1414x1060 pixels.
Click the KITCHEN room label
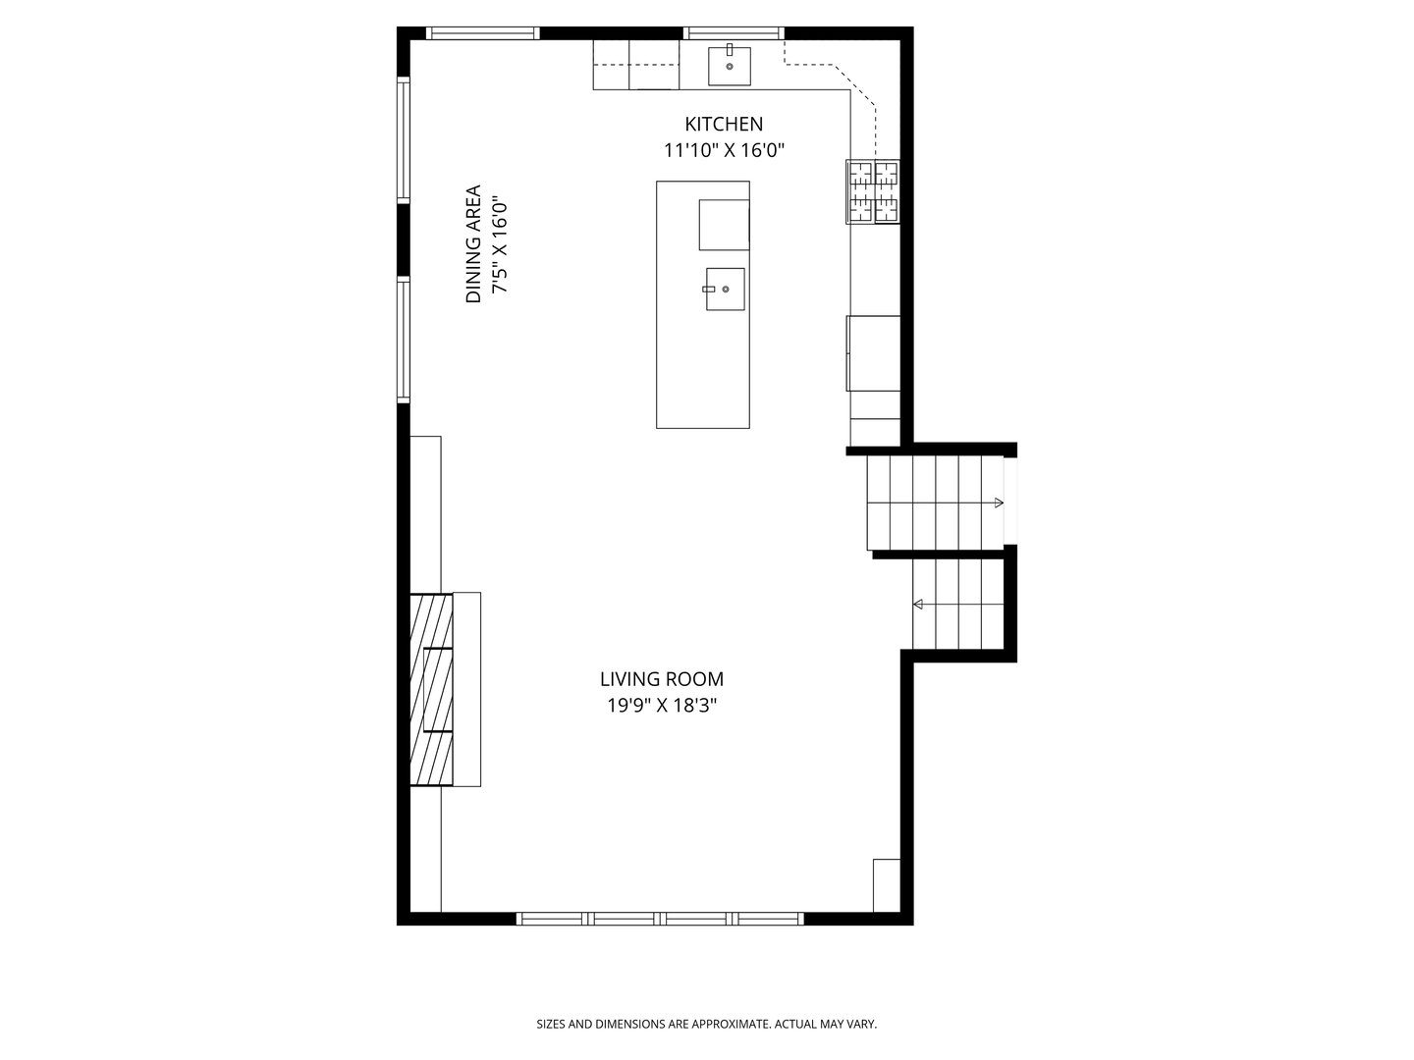(x=723, y=124)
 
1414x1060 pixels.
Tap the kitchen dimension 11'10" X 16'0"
(x=723, y=150)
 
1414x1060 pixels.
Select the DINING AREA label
(x=473, y=243)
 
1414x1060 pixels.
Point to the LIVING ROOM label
(x=662, y=678)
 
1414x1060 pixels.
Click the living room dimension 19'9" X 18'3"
(x=662, y=705)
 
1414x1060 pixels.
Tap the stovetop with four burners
(x=874, y=192)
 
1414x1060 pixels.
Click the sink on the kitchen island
(x=724, y=290)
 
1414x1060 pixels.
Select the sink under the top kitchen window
(x=730, y=65)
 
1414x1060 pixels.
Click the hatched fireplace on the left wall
(x=431, y=689)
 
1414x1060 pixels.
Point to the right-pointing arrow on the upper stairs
(x=998, y=503)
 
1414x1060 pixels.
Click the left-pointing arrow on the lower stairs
(x=919, y=605)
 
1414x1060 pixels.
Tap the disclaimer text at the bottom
(x=706, y=1024)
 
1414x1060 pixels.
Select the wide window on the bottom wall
(x=660, y=919)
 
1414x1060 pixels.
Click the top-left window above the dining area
(x=483, y=33)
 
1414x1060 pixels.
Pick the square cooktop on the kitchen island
(x=724, y=225)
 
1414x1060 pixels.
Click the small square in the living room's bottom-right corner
(x=887, y=885)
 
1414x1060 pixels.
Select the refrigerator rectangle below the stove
(x=873, y=353)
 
